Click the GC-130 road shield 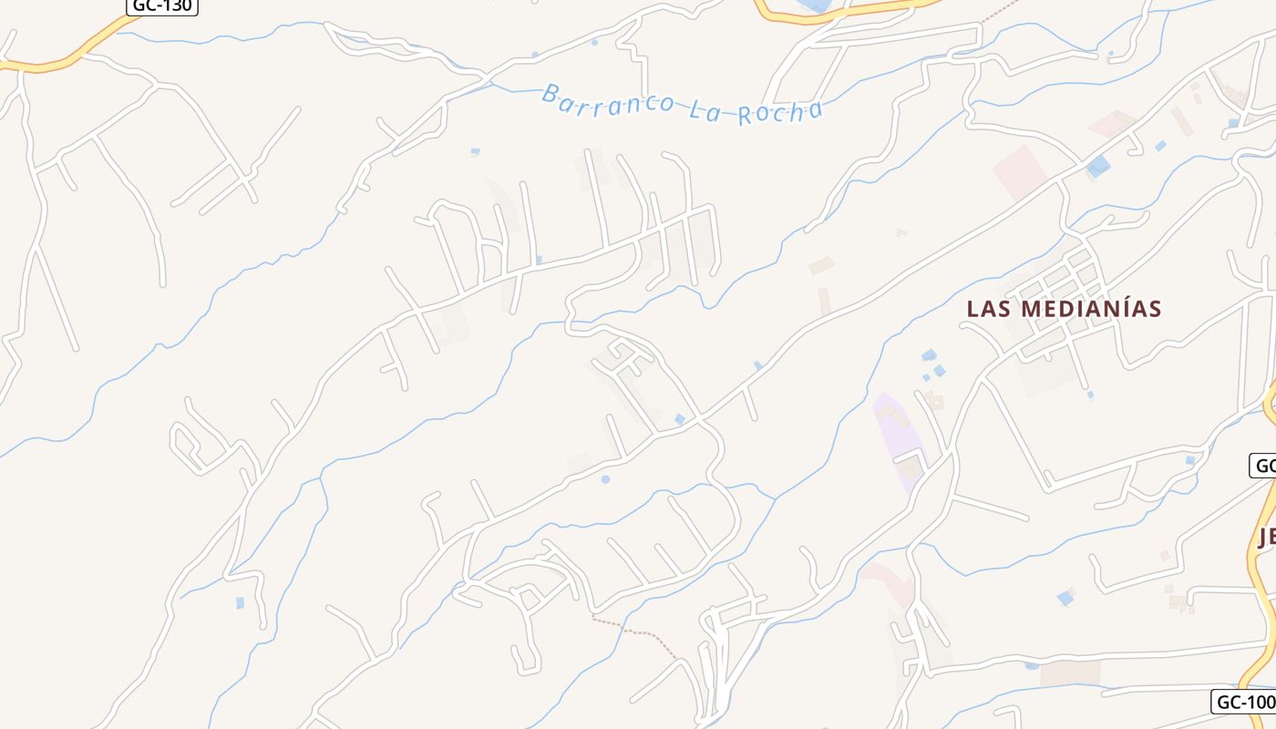point(161,5)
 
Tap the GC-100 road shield point(1244,702)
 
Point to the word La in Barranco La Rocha point(704,108)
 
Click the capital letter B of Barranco point(550,92)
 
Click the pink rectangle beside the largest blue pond point(1020,171)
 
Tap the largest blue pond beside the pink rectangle point(1098,166)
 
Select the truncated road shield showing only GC point(1263,467)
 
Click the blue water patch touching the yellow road point(814,5)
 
